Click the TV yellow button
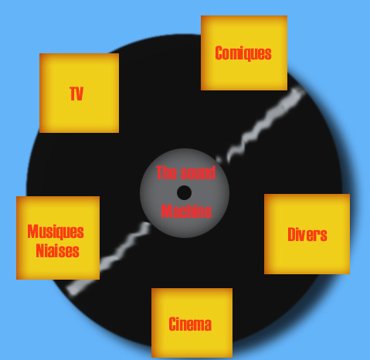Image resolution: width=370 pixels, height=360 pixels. coord(79,93)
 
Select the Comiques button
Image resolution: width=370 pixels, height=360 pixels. coord(244,53)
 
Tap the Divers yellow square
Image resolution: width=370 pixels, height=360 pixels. coord(307,234)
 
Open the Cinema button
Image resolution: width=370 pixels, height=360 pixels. coord(192,323)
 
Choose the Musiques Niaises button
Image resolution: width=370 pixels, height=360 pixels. coord(58,238)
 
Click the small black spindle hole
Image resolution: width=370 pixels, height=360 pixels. coord(184,192)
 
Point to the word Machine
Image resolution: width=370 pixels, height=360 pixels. coord(186,212)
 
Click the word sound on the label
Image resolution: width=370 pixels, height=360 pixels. coord(198,173)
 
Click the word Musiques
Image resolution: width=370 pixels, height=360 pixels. coord(56,232)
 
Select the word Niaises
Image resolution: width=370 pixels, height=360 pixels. coord(57,250)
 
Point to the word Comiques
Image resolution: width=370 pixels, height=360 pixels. coord(243,53)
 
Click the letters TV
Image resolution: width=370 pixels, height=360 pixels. coord(76,93)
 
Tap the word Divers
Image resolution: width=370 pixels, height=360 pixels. coord(307,235)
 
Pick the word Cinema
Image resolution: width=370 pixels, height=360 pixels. coord(190,324)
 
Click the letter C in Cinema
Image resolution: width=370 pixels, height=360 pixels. coord(172,324)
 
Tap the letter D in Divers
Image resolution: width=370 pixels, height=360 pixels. coord(291,235)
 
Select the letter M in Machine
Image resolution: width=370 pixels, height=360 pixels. coord(166,212)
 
